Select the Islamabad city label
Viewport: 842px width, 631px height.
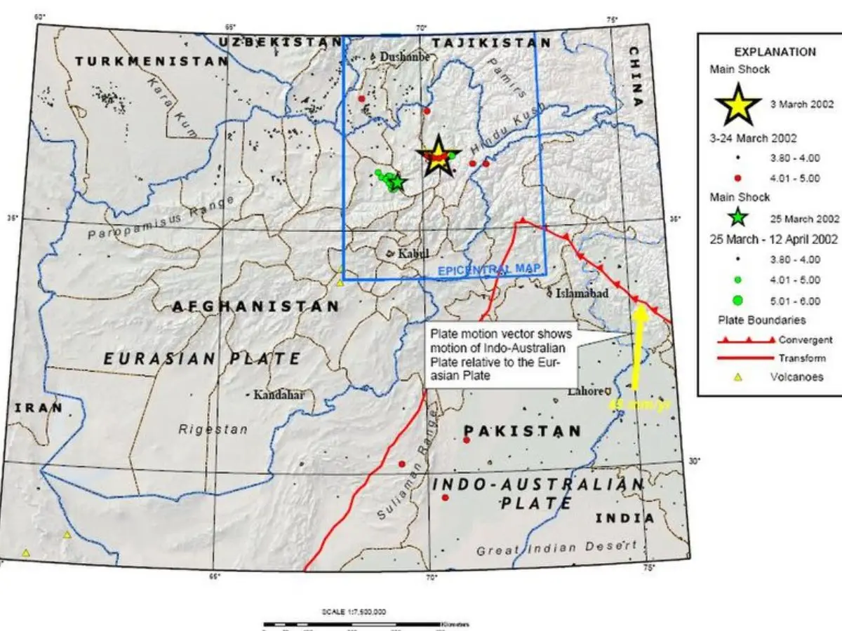coord(582,294)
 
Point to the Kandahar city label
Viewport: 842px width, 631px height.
coord(279,395)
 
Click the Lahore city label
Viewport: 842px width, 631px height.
coord(586,391)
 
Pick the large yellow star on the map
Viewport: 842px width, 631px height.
coord(438,156)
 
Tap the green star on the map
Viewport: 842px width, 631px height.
coord(397,183)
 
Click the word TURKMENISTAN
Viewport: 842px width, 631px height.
coord(152,62)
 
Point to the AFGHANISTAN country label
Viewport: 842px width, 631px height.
coord(255,306)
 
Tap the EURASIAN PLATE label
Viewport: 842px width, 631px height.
coord(203,359)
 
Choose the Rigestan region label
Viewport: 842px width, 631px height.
coord(213,429)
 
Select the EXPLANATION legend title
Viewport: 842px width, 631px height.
coord(775,52)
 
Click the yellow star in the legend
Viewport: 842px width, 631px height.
coord(738,104)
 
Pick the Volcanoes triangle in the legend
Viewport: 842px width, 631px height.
coord(737,377)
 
